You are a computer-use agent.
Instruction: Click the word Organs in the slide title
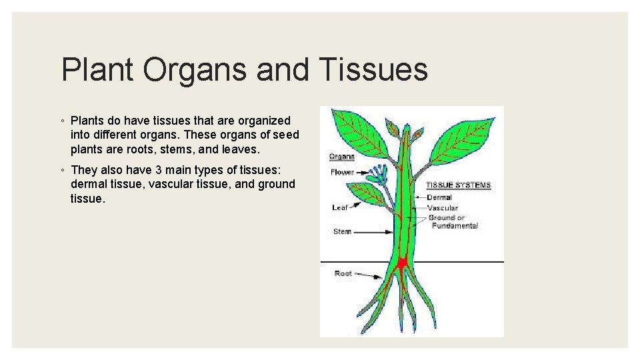(198, 69)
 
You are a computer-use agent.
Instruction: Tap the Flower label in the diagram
(342, 173)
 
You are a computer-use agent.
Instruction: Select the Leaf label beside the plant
(340, 207)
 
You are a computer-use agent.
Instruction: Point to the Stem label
(342, 232)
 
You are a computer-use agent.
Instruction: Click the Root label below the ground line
(343, 273)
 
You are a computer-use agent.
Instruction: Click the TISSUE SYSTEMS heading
(458, 185)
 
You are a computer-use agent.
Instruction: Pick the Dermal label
(439, 197)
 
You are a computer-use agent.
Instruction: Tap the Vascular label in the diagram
(442, 208)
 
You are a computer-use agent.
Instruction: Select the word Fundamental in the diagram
(455, 226)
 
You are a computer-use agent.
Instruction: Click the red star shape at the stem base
(402, 263)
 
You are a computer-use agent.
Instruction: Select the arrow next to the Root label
(369, 275)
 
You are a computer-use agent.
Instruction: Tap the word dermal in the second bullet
(88, 185)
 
